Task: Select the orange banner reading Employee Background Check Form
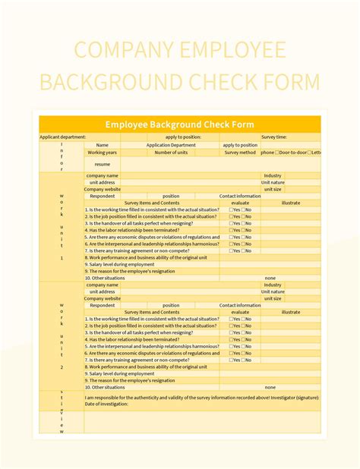click(x=180, y=124)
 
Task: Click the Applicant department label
click(x=63, y=137)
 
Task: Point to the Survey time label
click(x=274, y=137)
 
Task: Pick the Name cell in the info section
click(x=103, y=145)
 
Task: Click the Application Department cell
click(x=171, y=145)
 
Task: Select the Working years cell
click(x=103, y=153)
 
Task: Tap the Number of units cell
click(x=171, y=153)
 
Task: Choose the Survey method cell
click(x=240, y=153)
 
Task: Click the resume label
click(x=103, y=164)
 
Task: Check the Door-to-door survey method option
click(x=292, y=153)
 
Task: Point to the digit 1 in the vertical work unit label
click(x=62, y=257)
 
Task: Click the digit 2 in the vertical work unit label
click(x=62, y=367)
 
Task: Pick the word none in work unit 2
click(x=270, y=387)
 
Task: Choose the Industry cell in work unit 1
click(x=273, y=175)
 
